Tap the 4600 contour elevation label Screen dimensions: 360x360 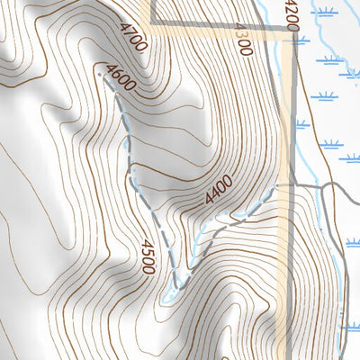(x=120, y=77)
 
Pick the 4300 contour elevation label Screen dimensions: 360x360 (x=244, y=40)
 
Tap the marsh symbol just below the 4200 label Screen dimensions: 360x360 (x=301, y=40)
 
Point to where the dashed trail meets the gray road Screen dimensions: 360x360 (x=278, y=186)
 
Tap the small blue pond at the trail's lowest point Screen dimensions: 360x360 (x=167, y=292)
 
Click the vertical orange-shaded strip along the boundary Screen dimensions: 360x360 (x=286, y=135)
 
